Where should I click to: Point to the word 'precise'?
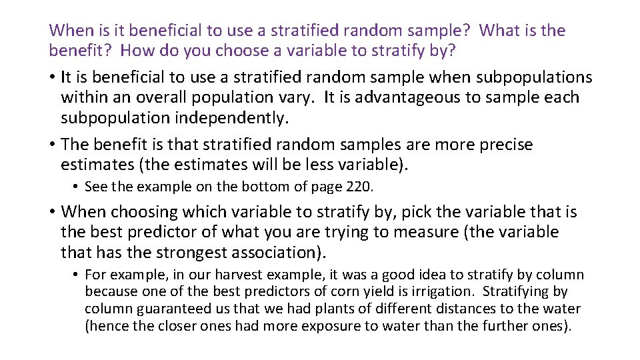501,145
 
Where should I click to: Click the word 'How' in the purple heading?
139,51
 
